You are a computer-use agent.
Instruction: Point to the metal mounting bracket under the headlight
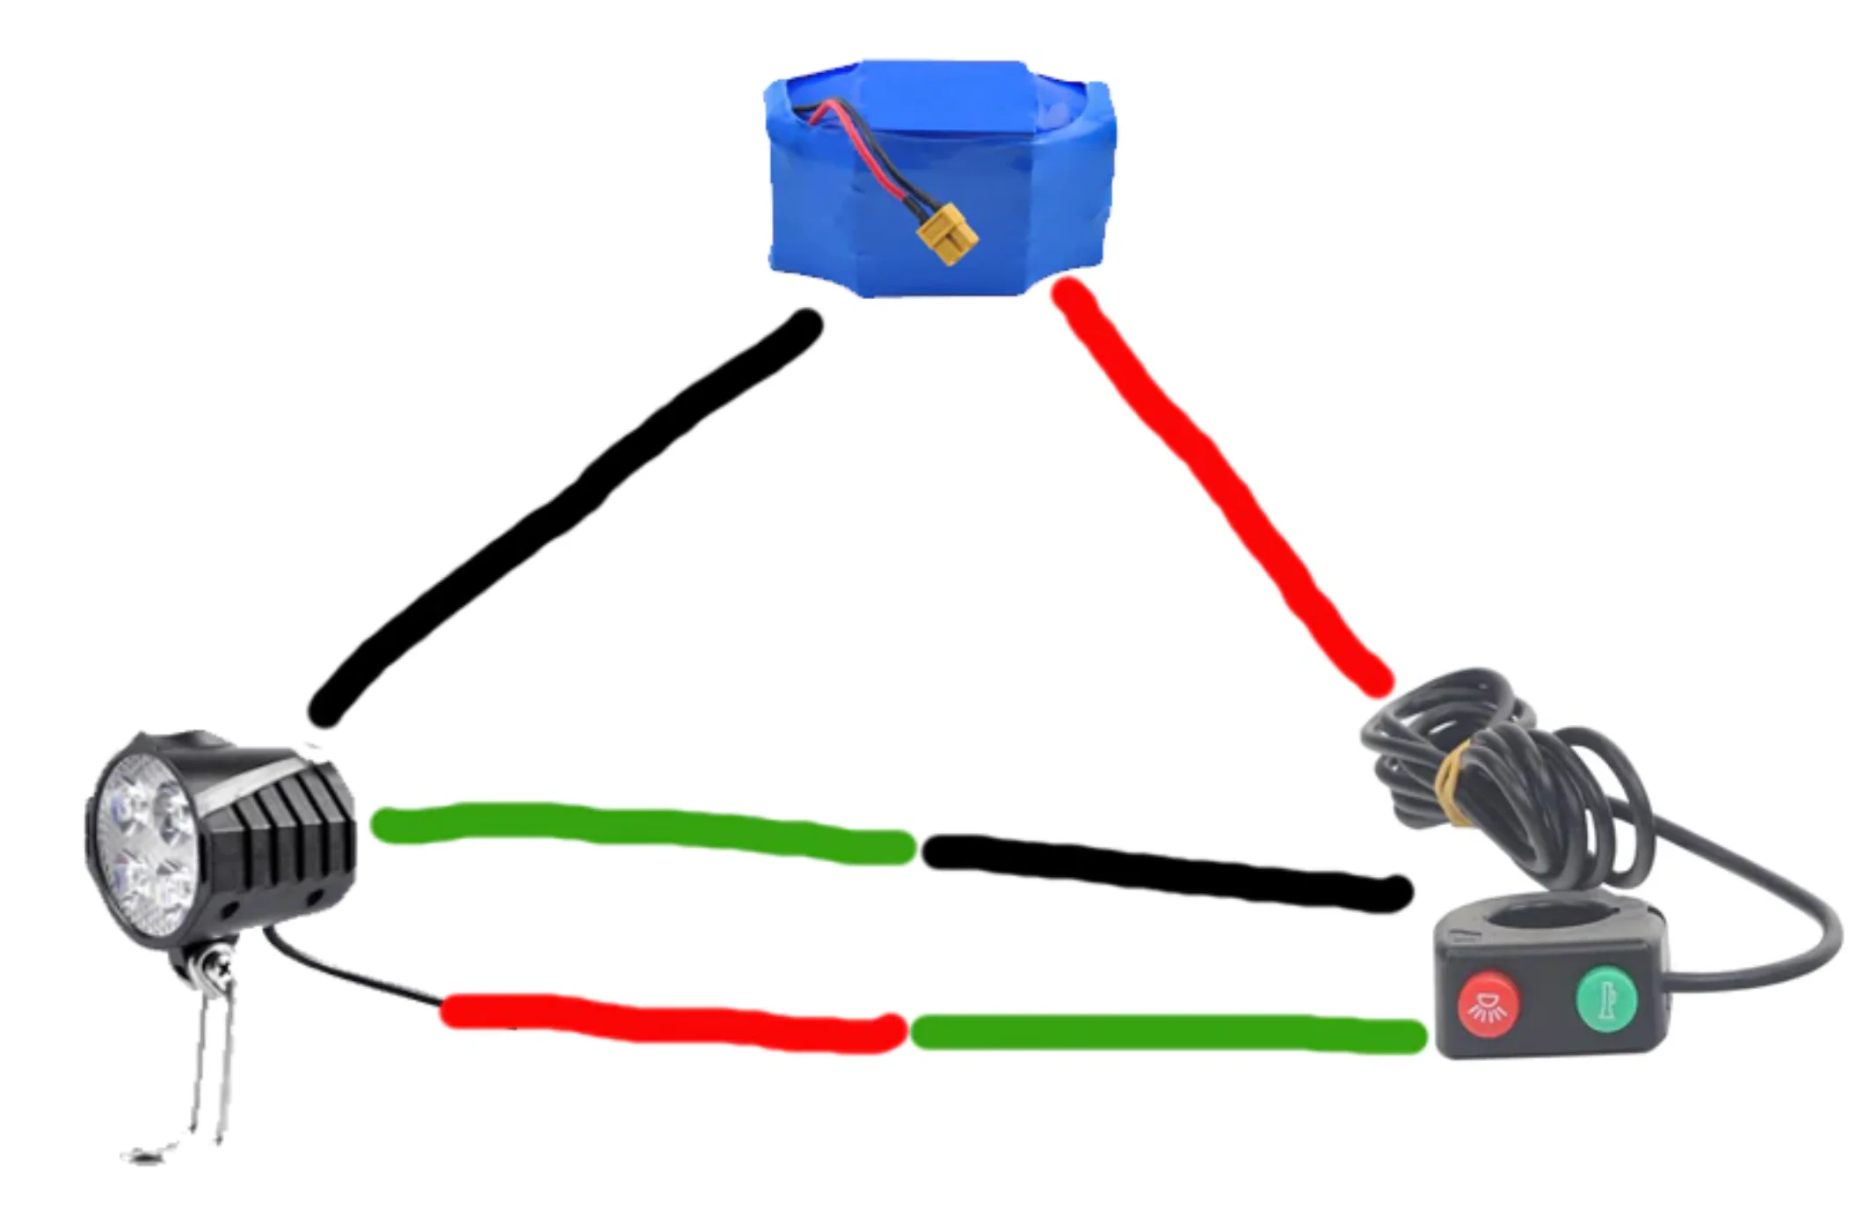[x=211, y=1056]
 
